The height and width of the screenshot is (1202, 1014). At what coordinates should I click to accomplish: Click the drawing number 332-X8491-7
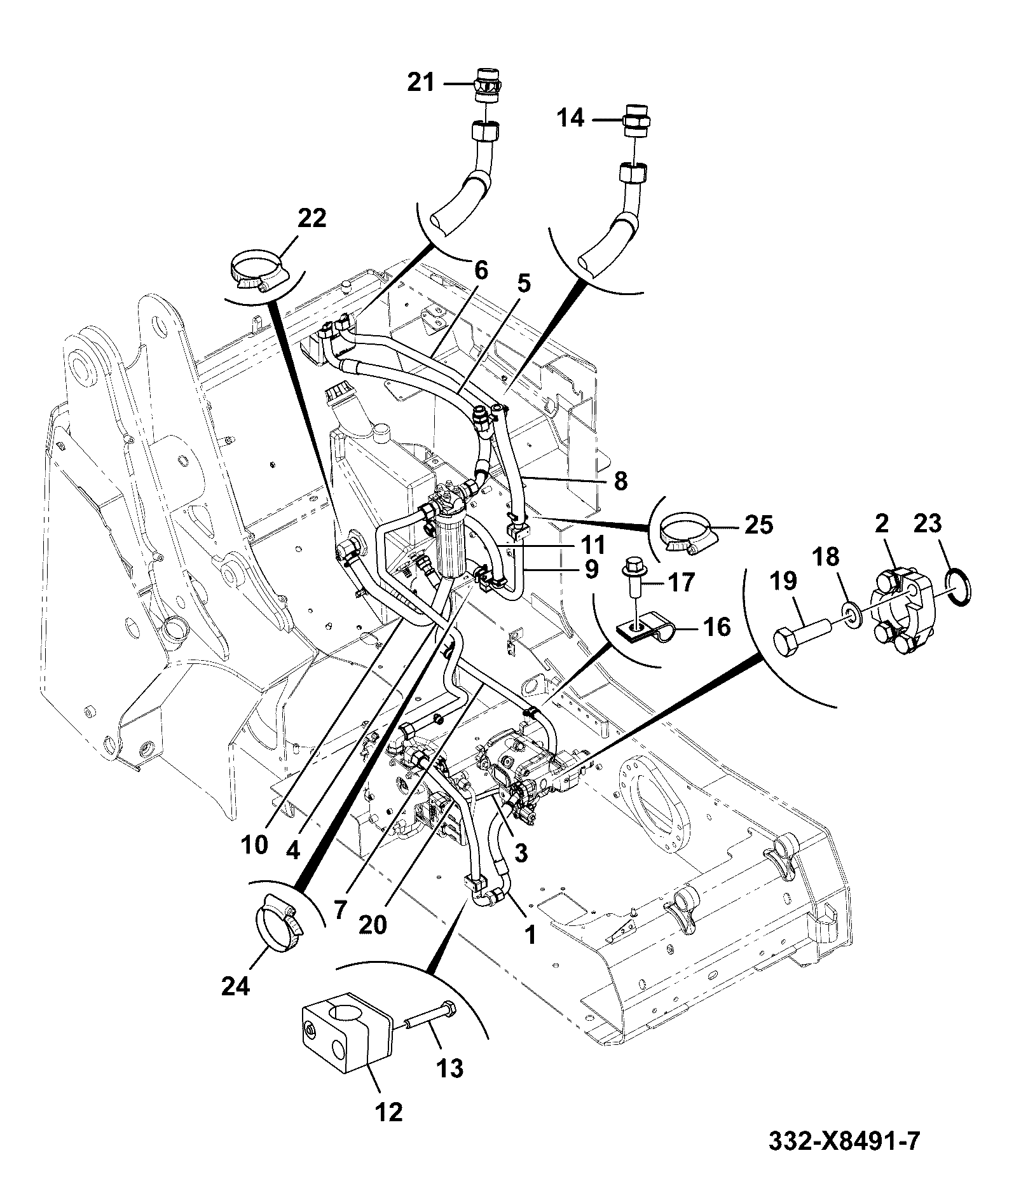844,1140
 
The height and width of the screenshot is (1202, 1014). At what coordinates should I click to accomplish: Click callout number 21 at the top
420,83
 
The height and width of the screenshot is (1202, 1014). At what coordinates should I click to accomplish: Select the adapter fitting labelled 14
636,120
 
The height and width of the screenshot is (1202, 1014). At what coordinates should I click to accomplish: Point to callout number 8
620,481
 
